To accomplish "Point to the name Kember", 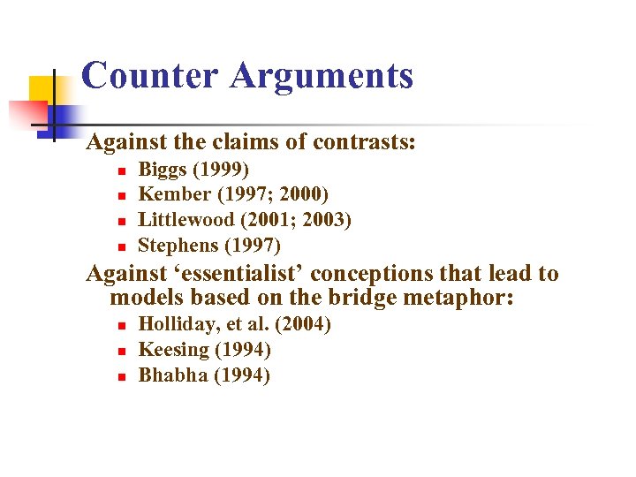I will (x=174, y=194).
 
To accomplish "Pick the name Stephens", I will (x=179, y=245).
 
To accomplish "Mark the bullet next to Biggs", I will (x=123, y=170).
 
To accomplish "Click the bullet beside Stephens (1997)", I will (x=123, y=246).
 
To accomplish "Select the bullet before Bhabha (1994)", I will (x=123, y=376).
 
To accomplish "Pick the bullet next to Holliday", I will (x=123, y=326).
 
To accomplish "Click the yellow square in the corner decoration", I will (x=42, y=88).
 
